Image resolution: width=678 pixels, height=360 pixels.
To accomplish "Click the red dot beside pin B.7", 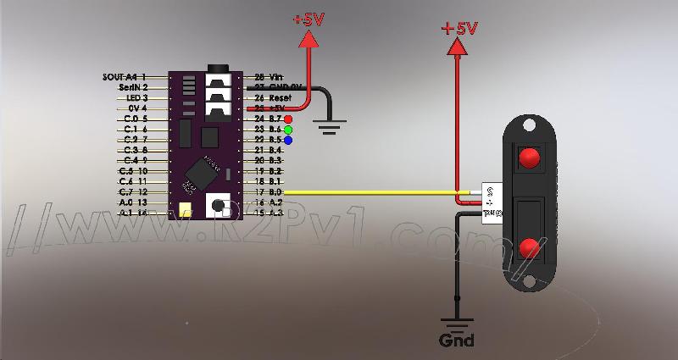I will [289, 119].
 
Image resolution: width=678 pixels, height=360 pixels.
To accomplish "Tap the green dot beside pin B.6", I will [289, 130].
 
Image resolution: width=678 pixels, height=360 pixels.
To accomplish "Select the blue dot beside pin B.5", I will [289, 140].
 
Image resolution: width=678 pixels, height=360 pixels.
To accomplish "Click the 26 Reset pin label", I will [273, 97].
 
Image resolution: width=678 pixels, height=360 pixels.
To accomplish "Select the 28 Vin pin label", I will [270, 76].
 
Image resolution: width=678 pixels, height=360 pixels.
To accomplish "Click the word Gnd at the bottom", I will [457, 341].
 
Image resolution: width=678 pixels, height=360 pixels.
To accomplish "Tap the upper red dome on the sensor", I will [530, 158].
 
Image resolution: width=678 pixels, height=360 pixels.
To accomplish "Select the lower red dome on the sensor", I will [529, 247].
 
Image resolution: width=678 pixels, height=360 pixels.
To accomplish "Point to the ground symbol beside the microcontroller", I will [329, 128].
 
